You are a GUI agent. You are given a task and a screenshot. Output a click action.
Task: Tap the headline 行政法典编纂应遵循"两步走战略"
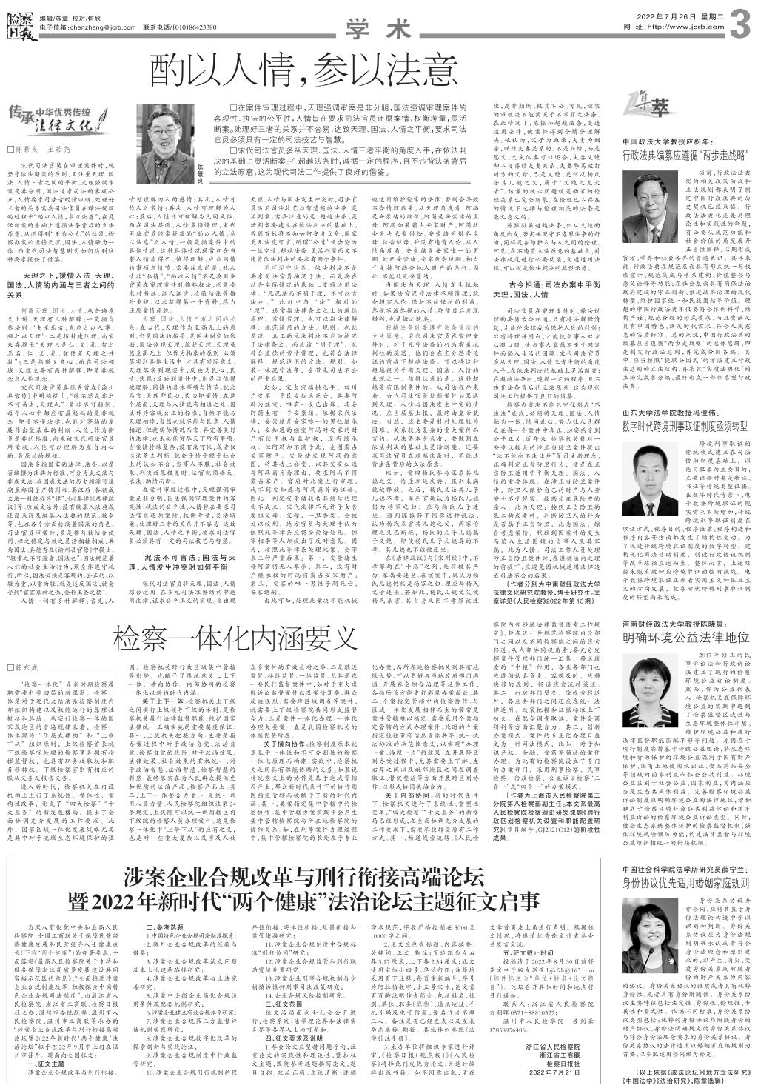coord(687,156)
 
